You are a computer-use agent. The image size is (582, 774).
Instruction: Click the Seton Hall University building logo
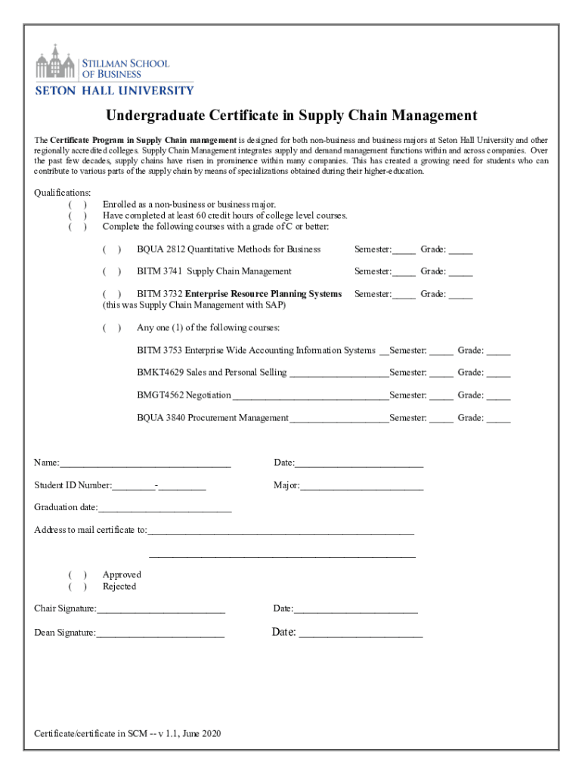point(57,61)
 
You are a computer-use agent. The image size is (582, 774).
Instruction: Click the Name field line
point(145,464)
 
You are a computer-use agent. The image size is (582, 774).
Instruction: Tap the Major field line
point(362,486)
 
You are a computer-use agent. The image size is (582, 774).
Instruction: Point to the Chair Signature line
point(160,609)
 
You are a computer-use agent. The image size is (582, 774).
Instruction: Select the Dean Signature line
point(160,633)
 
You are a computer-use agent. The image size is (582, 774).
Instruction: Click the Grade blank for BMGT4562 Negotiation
point(498,396)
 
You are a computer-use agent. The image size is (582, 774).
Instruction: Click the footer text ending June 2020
point(127,734)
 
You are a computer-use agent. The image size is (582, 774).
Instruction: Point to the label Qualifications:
point(63,193)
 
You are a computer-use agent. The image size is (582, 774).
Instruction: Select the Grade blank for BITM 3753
point(498,351)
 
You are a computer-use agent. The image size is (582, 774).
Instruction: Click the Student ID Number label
point(73,485)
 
